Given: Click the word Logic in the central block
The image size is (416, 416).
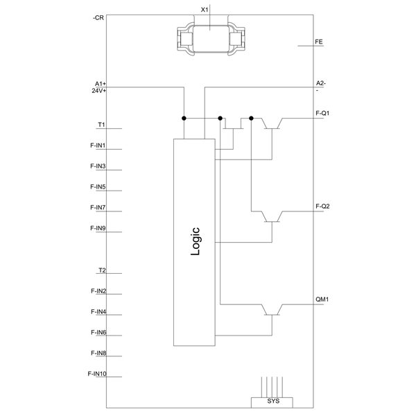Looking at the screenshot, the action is (196, 241).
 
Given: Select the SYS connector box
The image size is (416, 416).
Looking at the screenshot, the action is (272, 402).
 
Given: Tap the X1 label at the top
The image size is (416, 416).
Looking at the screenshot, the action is (205, 10).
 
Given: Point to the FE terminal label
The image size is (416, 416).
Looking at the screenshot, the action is (319, 42).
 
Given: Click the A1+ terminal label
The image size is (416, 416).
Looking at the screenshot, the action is (101, 84).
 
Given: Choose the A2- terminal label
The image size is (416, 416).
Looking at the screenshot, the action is (321, 83).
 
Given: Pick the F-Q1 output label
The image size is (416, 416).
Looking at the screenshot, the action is (322, 113).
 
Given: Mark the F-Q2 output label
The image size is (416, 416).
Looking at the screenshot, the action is (322, 206).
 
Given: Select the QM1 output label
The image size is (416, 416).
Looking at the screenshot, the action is (322, 300).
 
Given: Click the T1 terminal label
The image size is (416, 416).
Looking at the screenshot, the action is (102, 125).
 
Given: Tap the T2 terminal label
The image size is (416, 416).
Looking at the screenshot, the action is (102, 270).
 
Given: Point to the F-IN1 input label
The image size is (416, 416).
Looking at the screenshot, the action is (98, 146).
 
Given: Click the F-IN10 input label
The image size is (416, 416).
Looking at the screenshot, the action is (97, 374).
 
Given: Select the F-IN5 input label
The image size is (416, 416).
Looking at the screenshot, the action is (98, 187).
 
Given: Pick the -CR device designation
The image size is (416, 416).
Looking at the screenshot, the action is (98, 18).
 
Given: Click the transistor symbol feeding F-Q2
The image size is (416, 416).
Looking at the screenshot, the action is (272, 217).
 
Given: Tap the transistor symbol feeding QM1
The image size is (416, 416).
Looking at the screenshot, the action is (272, 310).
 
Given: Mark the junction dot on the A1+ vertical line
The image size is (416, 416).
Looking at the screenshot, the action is (184, 119).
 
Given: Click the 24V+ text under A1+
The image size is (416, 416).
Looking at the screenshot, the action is (99, 91).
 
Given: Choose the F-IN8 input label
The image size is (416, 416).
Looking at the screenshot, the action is (98, 353).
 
